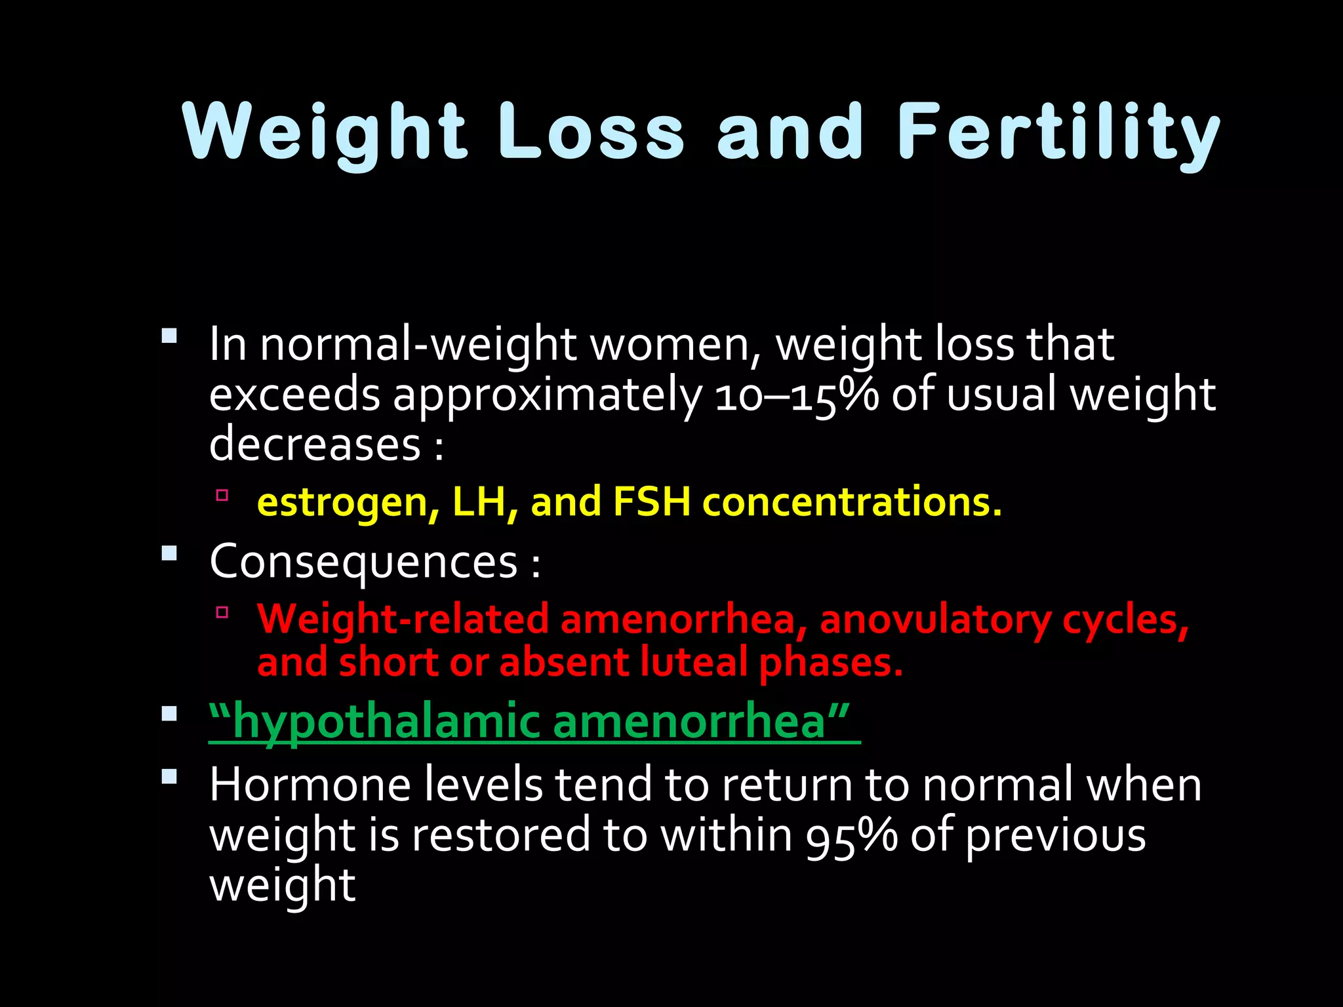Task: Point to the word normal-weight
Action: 418,345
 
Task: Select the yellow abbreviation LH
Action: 484,503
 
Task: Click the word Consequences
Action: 364,562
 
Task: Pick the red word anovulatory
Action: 934,620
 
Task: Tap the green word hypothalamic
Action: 386,721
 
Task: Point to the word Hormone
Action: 310,785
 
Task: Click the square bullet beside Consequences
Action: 169,553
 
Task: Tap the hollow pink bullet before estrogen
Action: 222,495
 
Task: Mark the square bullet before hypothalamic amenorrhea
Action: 169,713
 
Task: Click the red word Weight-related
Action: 403,620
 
